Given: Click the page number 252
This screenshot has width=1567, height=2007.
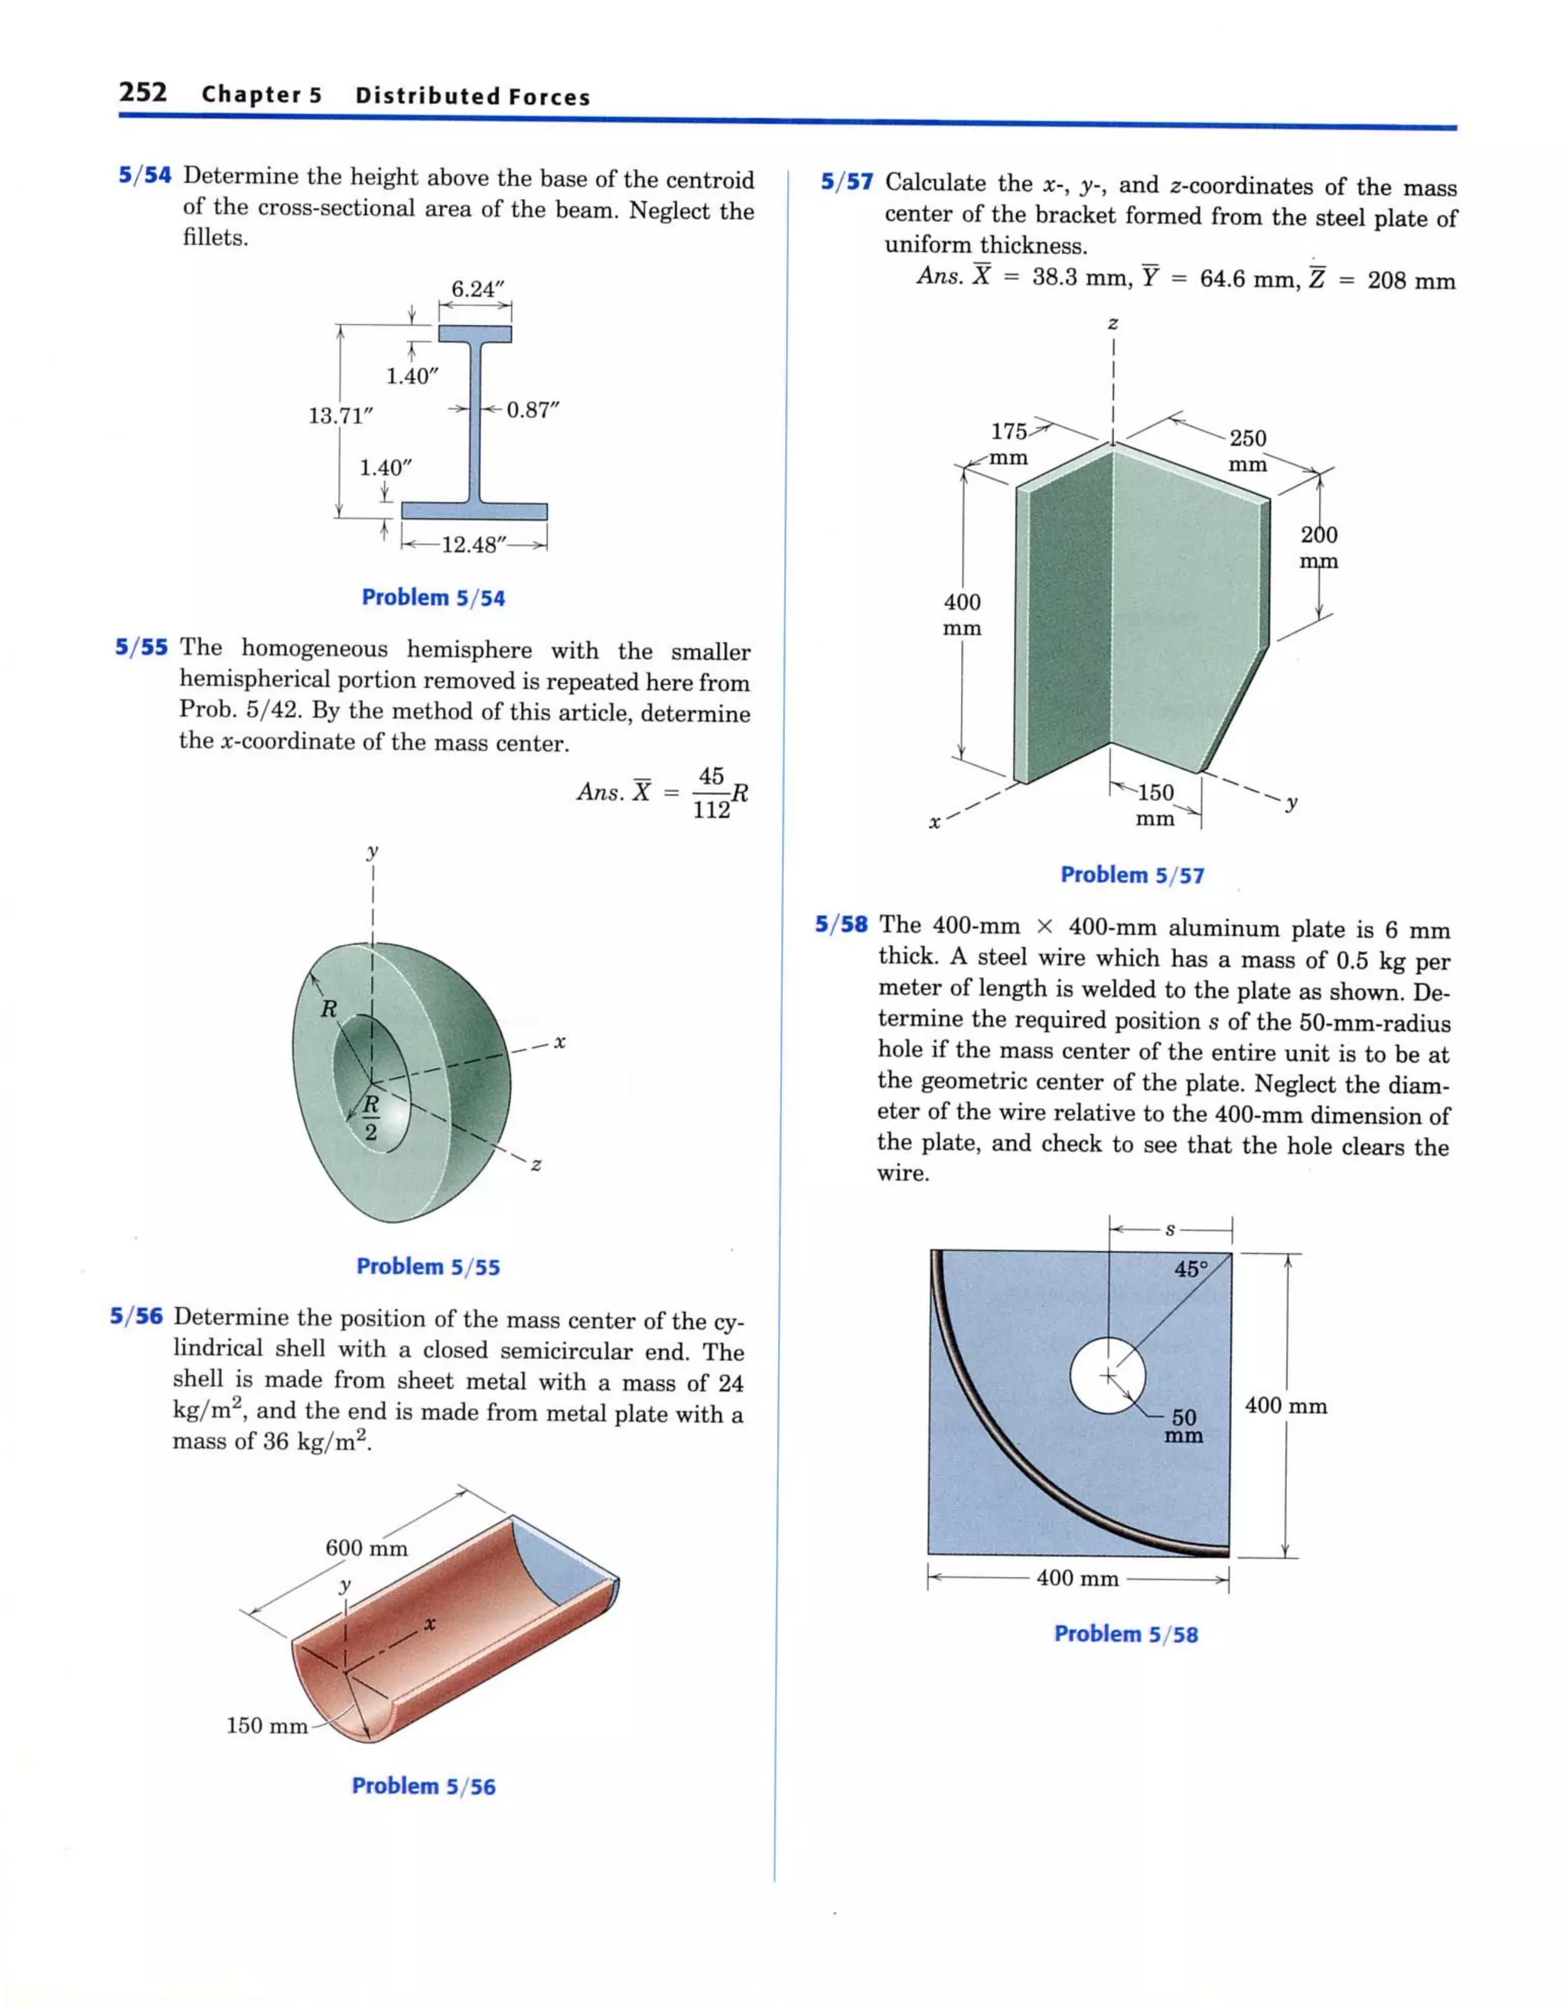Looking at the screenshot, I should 143,93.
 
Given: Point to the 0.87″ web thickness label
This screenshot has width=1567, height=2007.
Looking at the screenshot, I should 532,410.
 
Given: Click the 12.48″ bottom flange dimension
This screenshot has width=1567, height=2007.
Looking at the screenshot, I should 474,545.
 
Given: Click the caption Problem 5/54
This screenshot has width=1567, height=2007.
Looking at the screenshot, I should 433,598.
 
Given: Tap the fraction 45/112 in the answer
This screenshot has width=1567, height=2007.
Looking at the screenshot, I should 712,792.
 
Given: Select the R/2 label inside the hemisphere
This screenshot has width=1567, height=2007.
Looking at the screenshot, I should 370,1116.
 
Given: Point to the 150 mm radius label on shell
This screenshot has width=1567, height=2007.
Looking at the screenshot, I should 266,1725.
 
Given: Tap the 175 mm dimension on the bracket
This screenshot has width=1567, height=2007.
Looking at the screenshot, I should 1009,444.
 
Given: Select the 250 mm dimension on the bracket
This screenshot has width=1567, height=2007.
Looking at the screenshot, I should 1247,450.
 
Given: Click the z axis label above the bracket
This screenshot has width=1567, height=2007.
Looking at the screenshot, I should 1113,324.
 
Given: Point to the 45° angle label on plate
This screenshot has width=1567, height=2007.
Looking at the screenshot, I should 1191,1269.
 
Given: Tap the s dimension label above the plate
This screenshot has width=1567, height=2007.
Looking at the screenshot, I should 1170,1230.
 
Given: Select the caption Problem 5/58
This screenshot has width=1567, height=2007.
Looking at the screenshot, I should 1126,1634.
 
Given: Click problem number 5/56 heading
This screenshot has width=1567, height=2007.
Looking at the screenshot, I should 136,1317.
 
